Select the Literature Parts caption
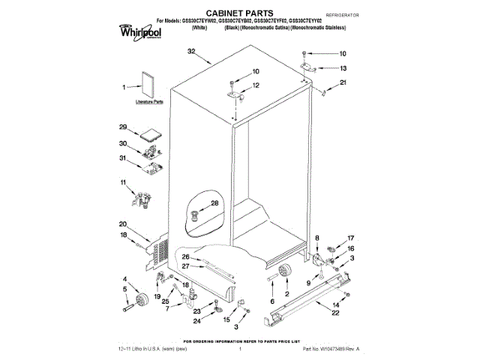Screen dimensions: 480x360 tap(148, 100)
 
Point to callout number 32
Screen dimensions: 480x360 tap(191, 52)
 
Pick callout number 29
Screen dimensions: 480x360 tap(123, 127)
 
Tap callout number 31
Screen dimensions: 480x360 tap(124, 157)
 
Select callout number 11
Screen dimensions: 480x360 tap(123, 182)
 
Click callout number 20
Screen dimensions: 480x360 tap(123, 223)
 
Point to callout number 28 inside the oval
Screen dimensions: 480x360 tap(214, 203)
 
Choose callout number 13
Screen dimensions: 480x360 tap(343, 67)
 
